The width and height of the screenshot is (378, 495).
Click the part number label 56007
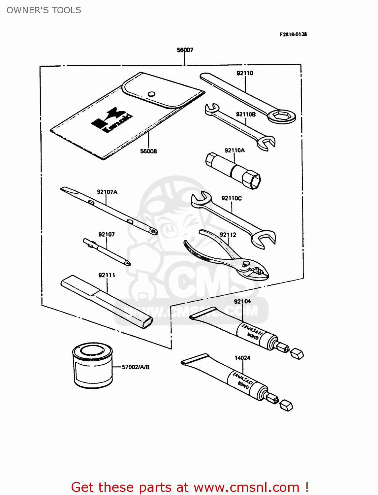185,50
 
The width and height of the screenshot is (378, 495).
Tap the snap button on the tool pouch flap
151,94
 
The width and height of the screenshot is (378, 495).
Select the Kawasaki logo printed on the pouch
112,120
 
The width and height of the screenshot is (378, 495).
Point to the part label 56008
148,151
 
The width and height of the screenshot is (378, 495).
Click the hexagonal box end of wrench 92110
281,116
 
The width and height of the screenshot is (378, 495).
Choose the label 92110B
246,115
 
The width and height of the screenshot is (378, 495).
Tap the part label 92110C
231,198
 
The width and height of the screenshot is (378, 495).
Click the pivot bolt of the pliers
246,264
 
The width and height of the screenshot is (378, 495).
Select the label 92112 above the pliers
228,235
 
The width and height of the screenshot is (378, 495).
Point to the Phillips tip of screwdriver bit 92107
127,263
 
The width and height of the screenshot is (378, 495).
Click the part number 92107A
107,192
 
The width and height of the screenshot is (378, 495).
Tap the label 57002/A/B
136,367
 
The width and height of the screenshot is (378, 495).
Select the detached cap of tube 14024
286,406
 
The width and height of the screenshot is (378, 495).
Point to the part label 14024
242,358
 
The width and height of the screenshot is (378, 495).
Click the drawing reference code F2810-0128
293,34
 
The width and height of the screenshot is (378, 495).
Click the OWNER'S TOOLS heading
44,10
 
